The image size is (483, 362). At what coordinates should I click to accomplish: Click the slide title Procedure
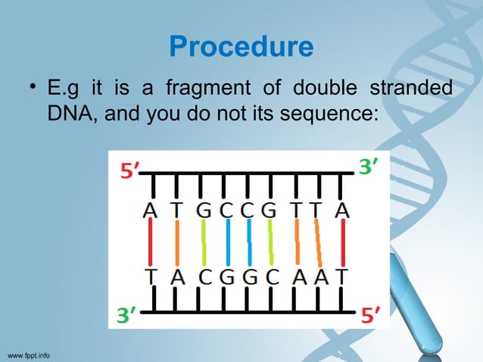tap(241, 47)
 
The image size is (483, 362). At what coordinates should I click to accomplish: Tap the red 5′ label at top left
tap(129, 170)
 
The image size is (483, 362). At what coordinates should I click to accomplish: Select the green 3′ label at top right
tap(368, 168)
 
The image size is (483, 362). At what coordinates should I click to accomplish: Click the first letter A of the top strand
tap(151, 210)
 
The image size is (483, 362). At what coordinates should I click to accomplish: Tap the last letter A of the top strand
tap(343, 210)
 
